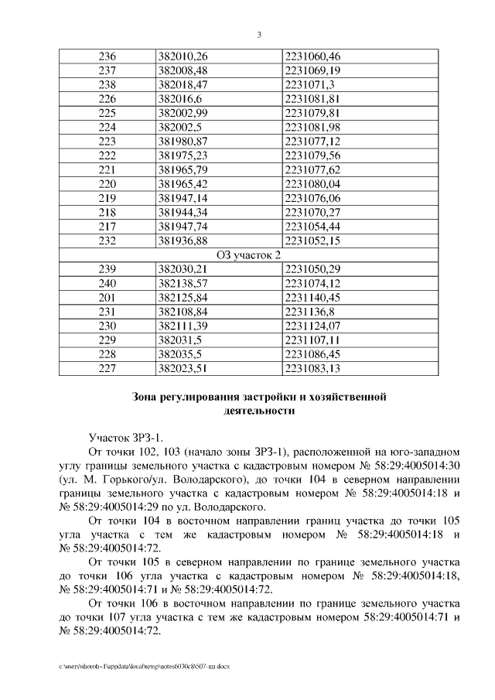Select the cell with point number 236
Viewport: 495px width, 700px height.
108,56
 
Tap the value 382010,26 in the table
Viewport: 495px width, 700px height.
183,56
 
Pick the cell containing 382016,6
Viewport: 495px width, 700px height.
177,99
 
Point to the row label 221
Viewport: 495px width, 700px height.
108,170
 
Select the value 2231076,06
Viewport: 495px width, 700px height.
313,198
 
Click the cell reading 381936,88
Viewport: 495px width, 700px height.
183,241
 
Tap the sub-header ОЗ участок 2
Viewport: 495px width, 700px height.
247,254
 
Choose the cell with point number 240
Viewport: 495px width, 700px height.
108,283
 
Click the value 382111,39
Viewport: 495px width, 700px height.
183,326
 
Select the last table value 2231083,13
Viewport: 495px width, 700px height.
313,368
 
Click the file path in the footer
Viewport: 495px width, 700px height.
144,665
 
